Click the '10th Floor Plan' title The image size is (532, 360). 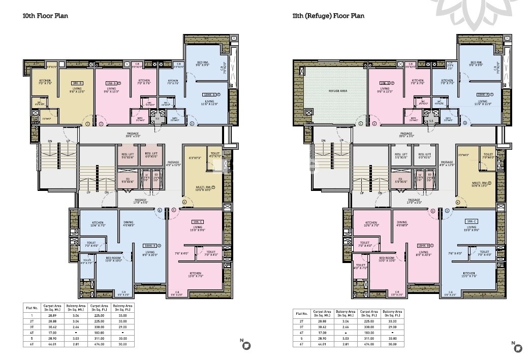tap(45, 16)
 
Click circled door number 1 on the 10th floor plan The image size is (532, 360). tap(87, 123)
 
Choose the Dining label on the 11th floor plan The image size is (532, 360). tap(402, 223)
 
